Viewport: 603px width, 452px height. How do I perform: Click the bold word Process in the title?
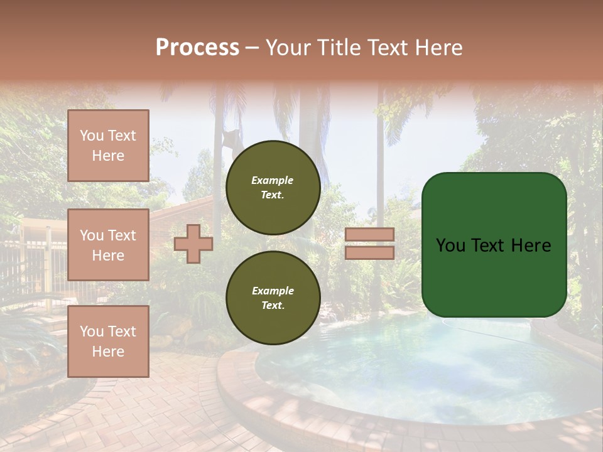197,48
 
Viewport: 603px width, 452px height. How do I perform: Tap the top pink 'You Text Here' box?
108,146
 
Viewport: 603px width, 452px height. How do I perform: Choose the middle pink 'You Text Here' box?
108,245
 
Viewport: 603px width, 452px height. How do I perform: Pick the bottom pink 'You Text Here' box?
108,342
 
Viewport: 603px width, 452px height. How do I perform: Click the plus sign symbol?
193,244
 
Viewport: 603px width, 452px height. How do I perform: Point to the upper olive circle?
273,188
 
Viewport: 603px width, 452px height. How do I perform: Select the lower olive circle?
273,298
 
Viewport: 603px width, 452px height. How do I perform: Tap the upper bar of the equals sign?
369,234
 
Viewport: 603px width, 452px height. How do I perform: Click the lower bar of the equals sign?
369,252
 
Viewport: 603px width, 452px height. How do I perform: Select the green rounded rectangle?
494,245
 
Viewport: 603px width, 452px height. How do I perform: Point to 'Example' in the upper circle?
273,180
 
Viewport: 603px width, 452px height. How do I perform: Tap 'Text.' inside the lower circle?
273,306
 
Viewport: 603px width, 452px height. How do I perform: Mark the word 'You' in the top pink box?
92,136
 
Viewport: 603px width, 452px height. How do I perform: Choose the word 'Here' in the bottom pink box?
108,352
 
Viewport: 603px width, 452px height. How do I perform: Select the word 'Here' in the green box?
531,245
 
